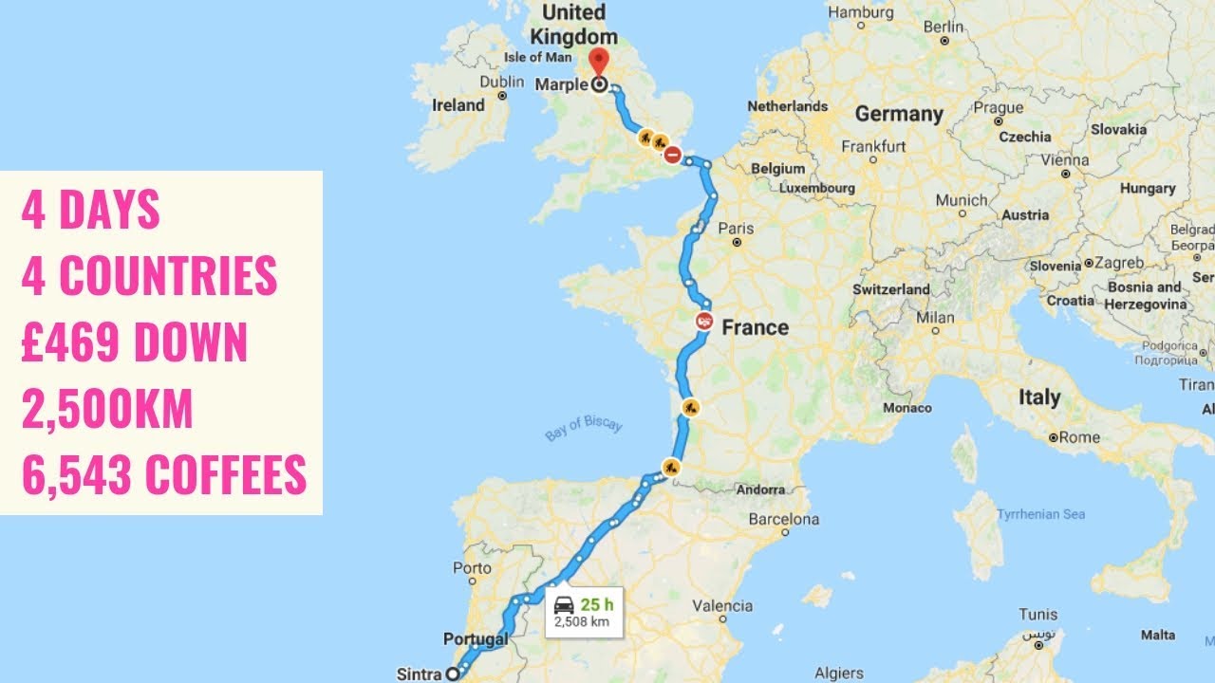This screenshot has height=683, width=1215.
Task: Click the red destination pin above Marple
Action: pos(599,61)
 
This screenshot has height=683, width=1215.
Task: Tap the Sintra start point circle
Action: pos(453,674)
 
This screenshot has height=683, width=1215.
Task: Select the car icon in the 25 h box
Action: pos(564,604)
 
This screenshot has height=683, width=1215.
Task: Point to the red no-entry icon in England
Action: pos(673,155)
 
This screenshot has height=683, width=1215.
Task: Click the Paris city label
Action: pos(736,229)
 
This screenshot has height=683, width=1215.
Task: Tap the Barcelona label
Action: pos(783,520)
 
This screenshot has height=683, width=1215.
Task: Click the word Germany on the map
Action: pos(899,115)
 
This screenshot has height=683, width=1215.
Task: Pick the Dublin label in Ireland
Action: pos(502,83)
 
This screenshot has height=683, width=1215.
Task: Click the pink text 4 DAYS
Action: pos(90,211)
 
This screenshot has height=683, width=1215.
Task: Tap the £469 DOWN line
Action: pos(134,342)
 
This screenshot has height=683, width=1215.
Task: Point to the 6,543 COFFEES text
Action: pos(163,474)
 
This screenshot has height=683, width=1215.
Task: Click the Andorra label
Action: pos(760,489)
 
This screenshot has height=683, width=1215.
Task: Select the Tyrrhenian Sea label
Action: pos(1041,514)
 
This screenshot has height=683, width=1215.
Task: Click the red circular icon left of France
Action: pos(704,321)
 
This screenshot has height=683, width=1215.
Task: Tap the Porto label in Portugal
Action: pos(473,568)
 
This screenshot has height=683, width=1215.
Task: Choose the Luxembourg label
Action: pos(818,188)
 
